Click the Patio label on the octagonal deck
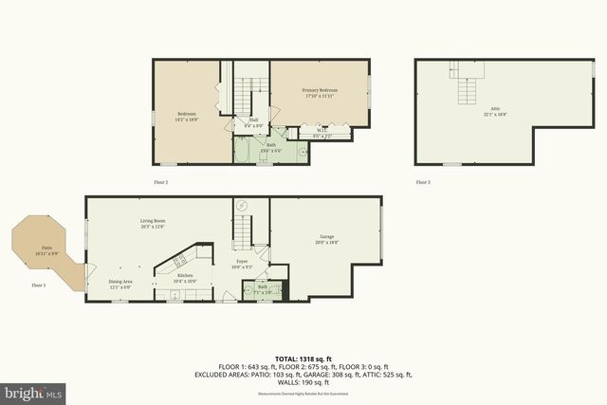point(46,249)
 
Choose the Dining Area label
point(120,283)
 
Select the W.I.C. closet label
point(322,132)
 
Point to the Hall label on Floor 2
point(253,120)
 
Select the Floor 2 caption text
point(160,181)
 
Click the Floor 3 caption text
point(422,181)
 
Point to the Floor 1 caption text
point(39,285)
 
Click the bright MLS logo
point(33,391)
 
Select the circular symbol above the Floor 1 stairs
point(241,206)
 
